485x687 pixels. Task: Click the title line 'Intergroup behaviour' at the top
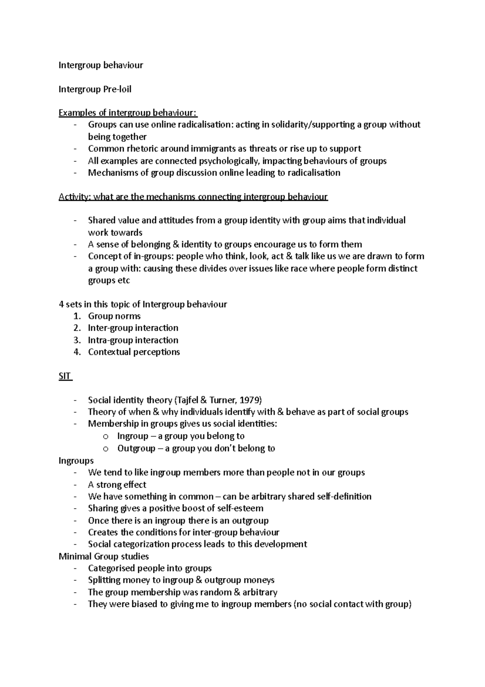[101, 65]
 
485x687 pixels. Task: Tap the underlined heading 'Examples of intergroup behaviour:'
[128, 113]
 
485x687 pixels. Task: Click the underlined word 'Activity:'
[75, 197]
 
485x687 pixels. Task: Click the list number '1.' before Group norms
[78, 316]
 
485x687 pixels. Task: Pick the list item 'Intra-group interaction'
[133, 340]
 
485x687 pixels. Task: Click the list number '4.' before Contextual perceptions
[78, 352]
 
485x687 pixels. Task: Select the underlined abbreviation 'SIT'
[64, 376]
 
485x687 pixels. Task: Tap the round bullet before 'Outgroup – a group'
[106, 449]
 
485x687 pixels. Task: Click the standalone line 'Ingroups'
[76, 461]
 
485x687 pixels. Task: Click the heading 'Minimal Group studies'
[104, 557]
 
